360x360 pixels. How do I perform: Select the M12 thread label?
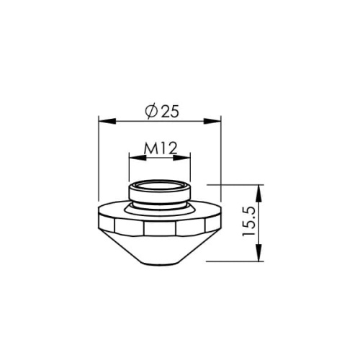tap(160, 149)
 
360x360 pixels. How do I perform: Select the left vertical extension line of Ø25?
tap(97, 158)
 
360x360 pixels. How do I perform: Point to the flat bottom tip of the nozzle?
tap(159, 263)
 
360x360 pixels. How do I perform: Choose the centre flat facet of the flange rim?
tap(159, 227)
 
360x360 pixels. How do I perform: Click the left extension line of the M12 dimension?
tap(128, 170)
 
